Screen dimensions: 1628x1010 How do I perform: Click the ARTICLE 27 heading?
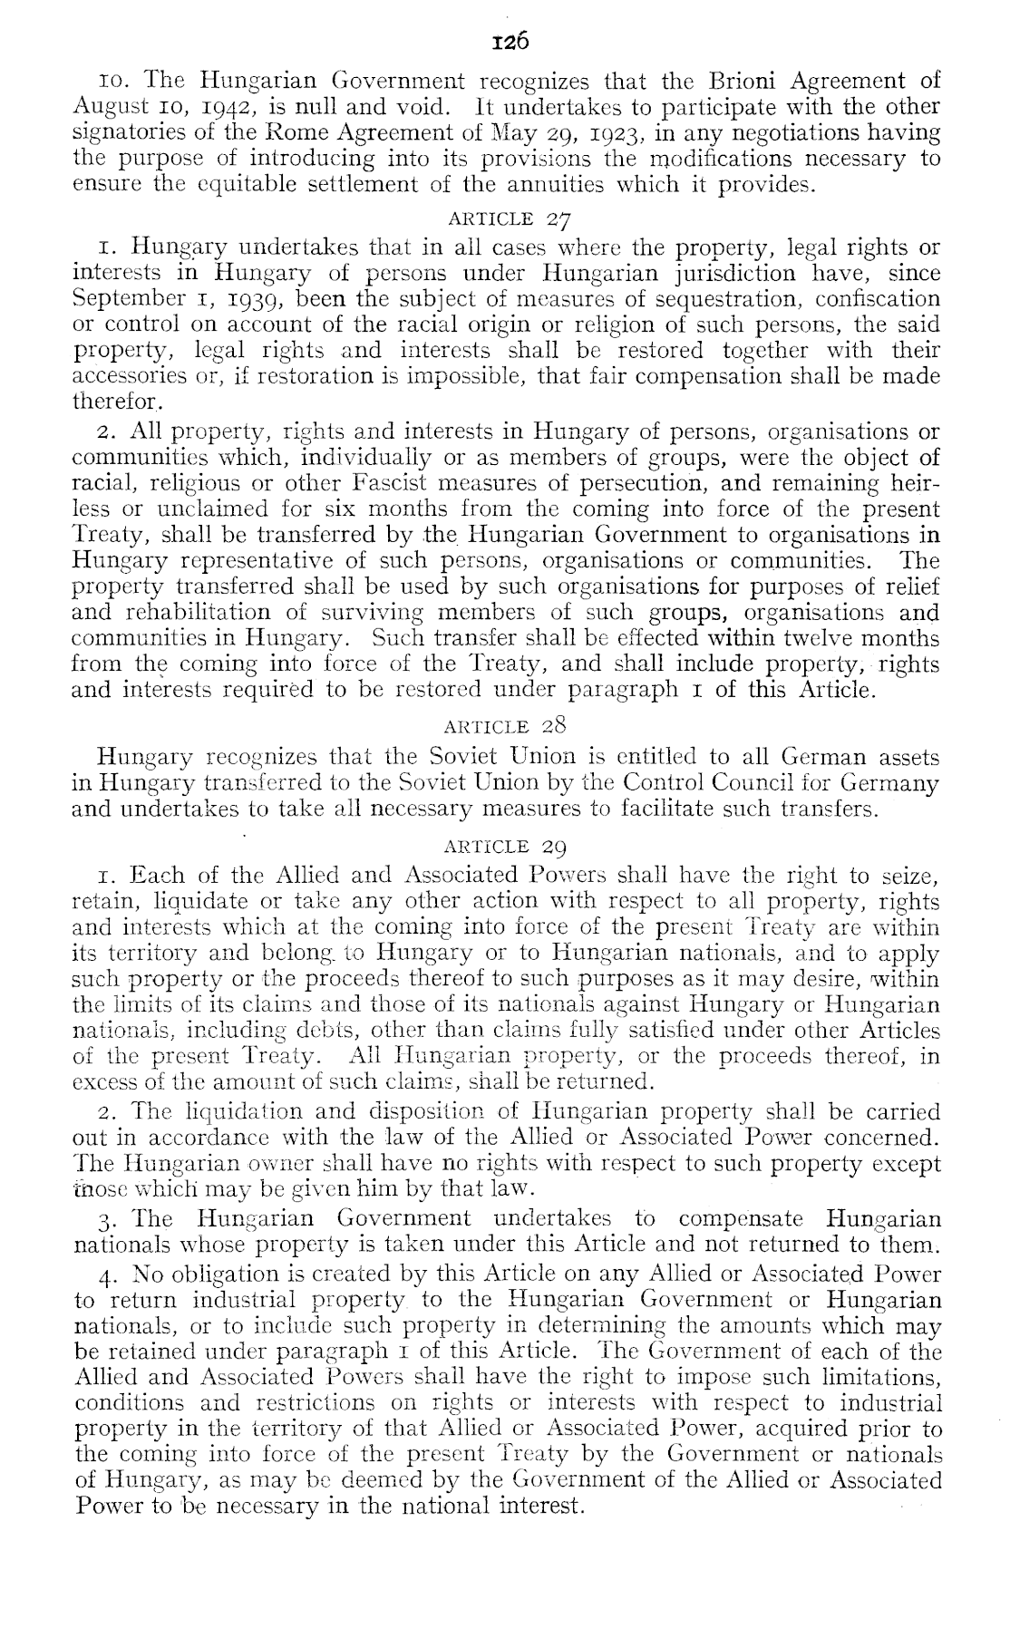(x=506, y=218)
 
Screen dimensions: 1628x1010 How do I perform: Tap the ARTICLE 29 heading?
(x=506, y=848)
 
